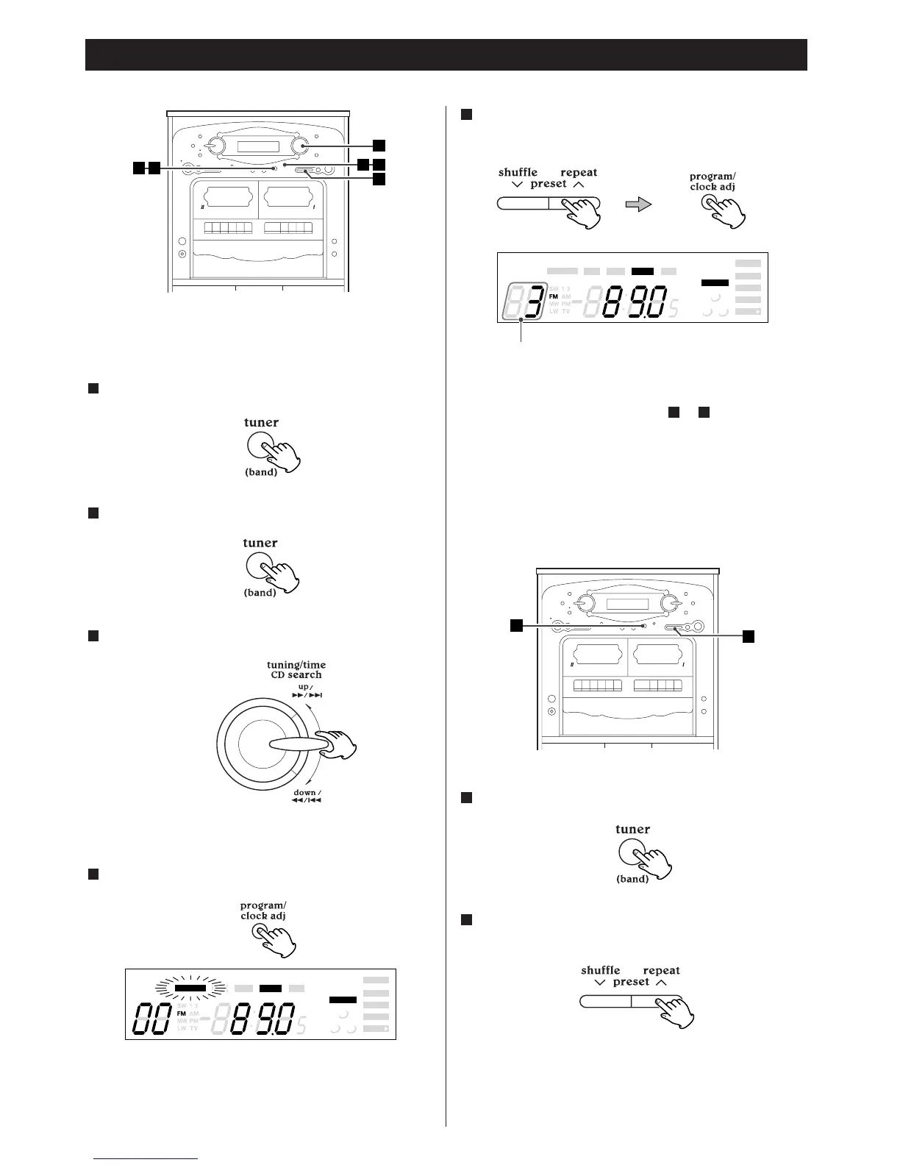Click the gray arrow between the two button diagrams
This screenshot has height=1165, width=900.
(638, 204)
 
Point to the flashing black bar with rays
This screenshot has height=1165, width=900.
(190, 988)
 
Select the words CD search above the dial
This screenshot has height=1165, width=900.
(296, 674)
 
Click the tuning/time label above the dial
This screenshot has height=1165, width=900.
(296, 664)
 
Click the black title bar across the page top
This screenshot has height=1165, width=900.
(446, 54)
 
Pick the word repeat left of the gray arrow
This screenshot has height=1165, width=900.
(579, 173)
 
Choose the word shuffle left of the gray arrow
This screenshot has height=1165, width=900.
(518, 173)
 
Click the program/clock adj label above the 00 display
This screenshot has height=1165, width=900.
(263, 911)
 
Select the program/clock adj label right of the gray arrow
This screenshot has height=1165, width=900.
(712, 182)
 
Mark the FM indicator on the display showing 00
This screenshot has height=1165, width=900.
(182, 1013)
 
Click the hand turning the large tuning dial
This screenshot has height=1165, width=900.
(338, 744)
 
